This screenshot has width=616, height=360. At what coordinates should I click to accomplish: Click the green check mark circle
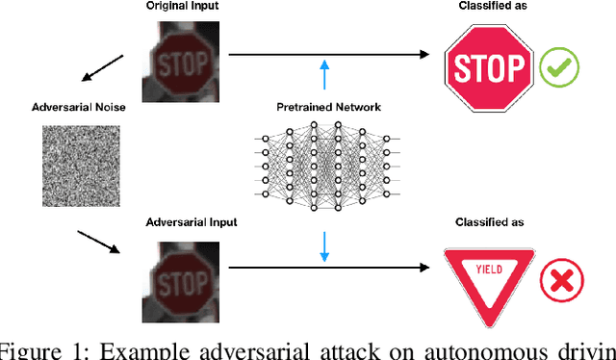[558, 69]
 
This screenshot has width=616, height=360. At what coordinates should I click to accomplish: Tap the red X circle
[559, 280]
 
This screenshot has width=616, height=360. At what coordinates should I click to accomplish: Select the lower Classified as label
[488, 222]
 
